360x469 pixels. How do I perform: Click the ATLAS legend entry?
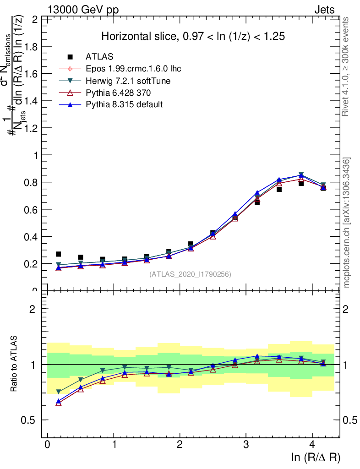pos(99,57)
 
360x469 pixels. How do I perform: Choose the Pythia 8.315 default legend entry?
pos(124,104)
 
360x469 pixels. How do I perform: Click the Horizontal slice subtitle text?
pos(193,37)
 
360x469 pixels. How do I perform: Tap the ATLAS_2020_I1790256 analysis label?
pos(190,274)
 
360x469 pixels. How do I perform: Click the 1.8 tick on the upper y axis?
pos(32,47)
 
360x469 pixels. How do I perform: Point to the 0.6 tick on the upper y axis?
pos(32,209)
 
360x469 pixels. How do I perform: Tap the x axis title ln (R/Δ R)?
pos(316,457)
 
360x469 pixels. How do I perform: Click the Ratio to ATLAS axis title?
pos(14,364)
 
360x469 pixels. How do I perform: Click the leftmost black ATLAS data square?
pos(58,254)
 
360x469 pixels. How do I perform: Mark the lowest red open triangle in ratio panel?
pos(58,403)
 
